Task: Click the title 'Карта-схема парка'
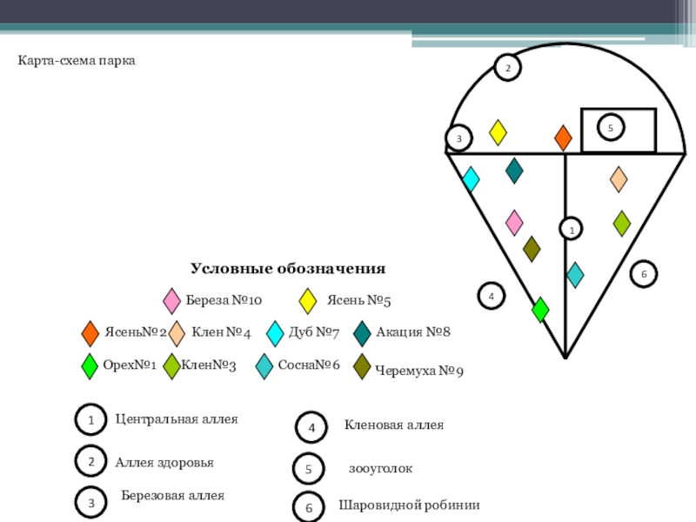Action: tap(77, 62)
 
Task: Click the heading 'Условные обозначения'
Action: tap(288, 269)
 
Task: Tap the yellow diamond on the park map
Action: tap(498, 132)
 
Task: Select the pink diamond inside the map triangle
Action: tap(514, 223)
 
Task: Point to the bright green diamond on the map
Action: tap(540, 310)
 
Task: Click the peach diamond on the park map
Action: tap(618, 179)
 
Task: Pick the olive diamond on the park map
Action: tap(532, 249)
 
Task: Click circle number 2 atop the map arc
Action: tap(508, 68)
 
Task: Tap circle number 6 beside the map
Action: tap(644, 273)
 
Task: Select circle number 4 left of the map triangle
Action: tap(491, 296)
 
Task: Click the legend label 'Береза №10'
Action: tap(224, 301)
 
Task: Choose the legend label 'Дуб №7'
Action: tap(313, 332)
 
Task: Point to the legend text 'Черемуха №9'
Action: tap(418, 371)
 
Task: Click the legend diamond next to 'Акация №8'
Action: tap(363, 334)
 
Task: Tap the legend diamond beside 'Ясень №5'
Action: tap(307, 301)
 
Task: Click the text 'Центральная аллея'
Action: tap(177, 419)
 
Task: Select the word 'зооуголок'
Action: tap(380, 469)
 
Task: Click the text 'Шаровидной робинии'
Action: tap(409, 505)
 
